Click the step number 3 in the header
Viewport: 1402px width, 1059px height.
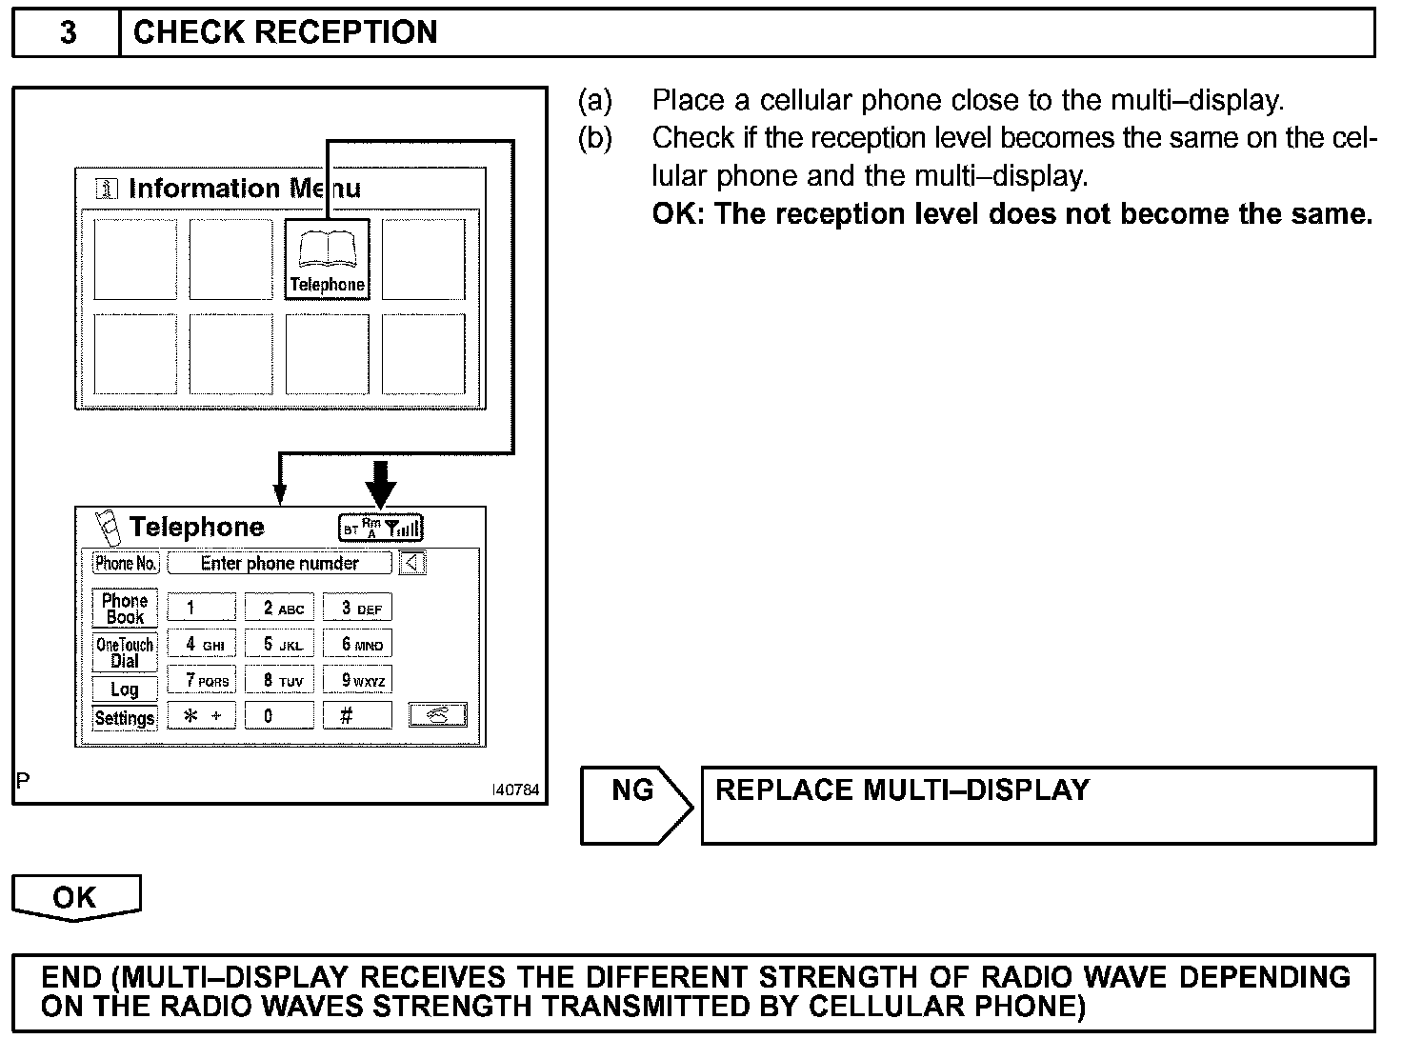pos(68,33)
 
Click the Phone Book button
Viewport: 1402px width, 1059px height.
pos(125,609)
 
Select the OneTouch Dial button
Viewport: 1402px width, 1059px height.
pos(125,652)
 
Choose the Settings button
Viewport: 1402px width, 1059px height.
pos(125,718)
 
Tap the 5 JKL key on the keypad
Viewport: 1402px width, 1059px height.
pos(279,645)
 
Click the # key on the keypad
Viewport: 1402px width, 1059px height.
pos(356,715)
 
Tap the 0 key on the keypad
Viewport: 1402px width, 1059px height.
pos(279,715)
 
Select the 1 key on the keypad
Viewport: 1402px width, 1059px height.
pos(201,608)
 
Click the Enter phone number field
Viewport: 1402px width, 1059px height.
pos(279,563)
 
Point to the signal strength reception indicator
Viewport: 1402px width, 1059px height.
pos(381,527)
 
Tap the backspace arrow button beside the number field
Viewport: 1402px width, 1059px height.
pos(412,563)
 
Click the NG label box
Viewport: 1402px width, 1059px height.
pos(633,791)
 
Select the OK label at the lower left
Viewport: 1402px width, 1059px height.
pos(75,897)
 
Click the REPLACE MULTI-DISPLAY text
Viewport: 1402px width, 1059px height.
pos(902,790)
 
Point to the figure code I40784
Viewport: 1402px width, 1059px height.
pos(515,790)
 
